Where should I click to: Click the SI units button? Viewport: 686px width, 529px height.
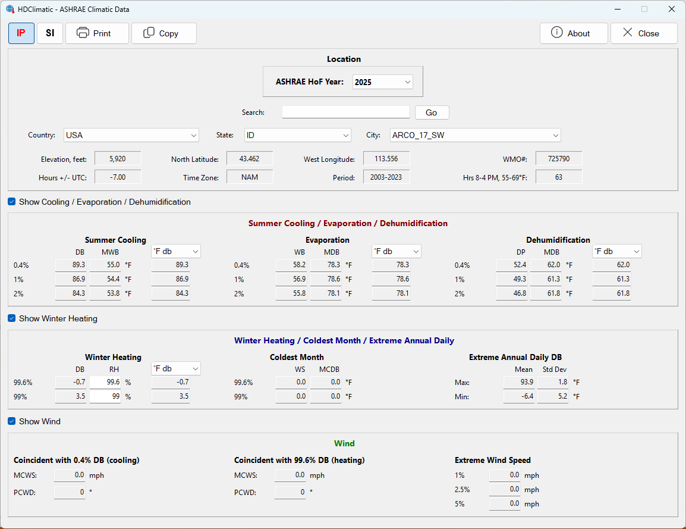[x=50, y=33]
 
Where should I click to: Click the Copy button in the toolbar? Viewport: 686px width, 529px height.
[x=163, y=33]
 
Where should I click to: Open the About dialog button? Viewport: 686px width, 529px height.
[x=574, y=33]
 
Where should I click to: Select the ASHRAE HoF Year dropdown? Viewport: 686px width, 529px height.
[x=382, y=82]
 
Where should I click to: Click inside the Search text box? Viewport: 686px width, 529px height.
[x=345, y=112]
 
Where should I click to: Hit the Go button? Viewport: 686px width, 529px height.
[x=432, y=112]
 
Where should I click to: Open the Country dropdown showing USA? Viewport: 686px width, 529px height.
[x=131, y=135]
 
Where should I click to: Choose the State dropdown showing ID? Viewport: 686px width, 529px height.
[x=297, y=135]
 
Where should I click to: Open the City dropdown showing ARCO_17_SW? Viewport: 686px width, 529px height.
[x=475, y=135]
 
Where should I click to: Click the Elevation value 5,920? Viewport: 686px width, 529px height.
[x=118, y=158]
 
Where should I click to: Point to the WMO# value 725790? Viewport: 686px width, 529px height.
[x=559, y=158]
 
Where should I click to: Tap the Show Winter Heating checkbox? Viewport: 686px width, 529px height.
[x=12, y=318]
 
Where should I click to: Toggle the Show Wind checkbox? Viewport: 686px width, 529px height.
[x=12, y=421]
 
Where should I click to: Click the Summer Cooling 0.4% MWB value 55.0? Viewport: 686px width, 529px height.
[x=105, y=265]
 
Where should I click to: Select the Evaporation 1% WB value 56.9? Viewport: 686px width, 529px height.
[x=291, y=279]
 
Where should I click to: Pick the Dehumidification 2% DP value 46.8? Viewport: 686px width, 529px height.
[x=511, y=293]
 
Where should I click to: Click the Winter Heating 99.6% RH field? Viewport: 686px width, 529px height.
[x=105, y=382]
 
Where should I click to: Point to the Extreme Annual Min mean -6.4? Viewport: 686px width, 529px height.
[x=519, y=396]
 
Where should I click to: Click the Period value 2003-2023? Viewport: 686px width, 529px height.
[x=386, y=177]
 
